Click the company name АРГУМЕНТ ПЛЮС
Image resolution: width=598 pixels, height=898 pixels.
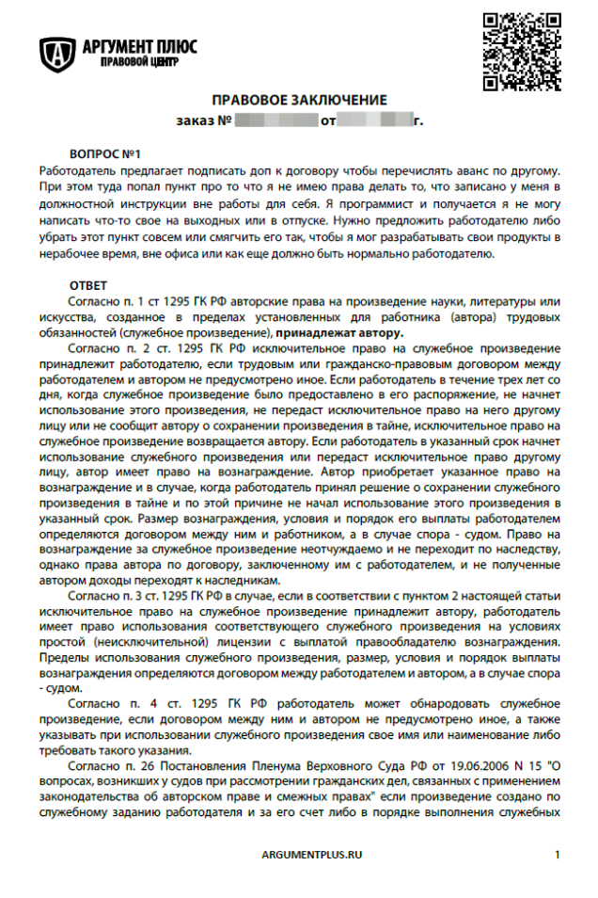[139, 46]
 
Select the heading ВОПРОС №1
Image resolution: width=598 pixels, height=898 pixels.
[104, 152]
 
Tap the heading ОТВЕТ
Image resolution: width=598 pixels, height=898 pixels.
[88, 284]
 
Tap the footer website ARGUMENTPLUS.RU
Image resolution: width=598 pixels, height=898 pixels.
[312, 854]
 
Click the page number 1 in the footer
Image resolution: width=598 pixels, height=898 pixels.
[558, 854]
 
